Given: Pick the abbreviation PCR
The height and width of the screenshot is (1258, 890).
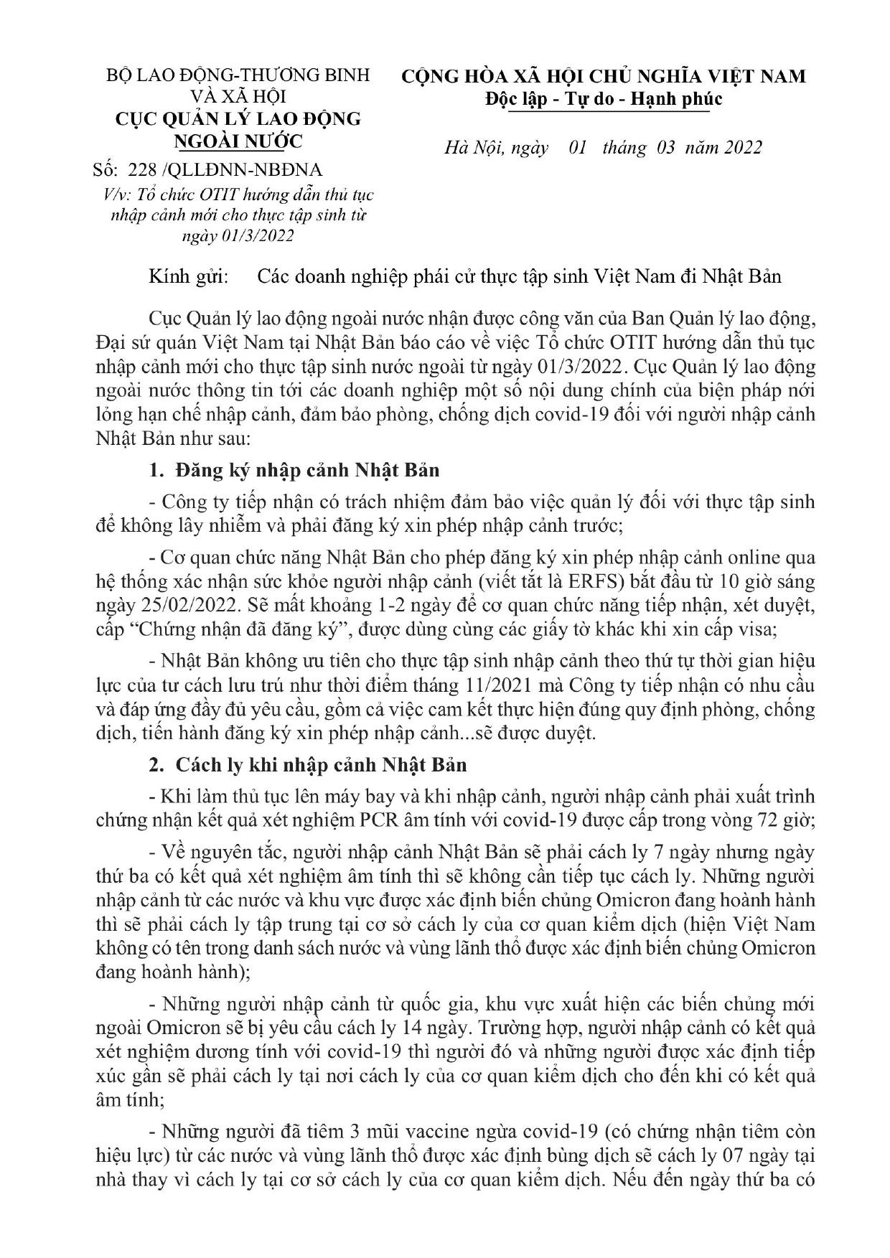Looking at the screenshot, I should click(x=405, y=821).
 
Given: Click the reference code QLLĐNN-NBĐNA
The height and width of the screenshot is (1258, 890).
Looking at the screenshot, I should click(x=248, y=170).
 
